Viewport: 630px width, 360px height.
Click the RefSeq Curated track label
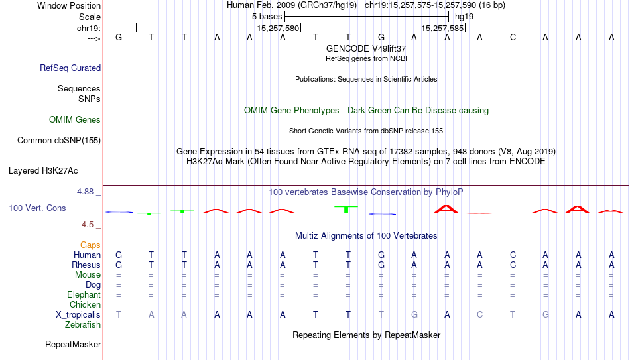pyautogui.click(x=70, y=68)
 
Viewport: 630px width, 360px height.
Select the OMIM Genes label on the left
pyautogui.click(x=75, y=120)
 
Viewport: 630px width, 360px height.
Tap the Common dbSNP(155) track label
pyautogui.click(x=59, y=141)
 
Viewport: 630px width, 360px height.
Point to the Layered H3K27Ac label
pyautogui.click(x=43, y=171)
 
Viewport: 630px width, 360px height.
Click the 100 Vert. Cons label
pyautogui.click(x=37, y=208)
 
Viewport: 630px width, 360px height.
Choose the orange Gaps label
pyautogui.click(x=90, y=245)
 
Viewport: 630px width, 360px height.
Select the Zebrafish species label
pyautogui.click(x=83, y=324)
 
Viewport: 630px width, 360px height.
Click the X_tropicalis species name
pyautogui.click(x=78, y=315)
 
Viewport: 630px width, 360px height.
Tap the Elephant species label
pyautogui.click(x=84, y=294)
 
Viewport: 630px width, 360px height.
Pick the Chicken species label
pyautogui.click(x=85, y=304)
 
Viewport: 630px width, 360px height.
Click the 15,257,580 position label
pyautogui.click(x=278, y=28)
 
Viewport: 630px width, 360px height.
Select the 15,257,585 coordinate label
pyautogui.click(x=443, y=28)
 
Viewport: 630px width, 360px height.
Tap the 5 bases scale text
pyautogui.click(x=267, y=17)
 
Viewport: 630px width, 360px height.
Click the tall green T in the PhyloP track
pyautogui.click(x=346, y=210)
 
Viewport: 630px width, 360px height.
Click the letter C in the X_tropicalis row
pyautogui.click(x=479, y=315)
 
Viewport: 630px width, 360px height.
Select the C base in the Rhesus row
pyautogui.click(x=513, y=265)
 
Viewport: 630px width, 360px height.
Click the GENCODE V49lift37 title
pyautogui.click(x=366, y=48)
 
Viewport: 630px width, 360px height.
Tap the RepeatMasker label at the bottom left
pyautogui.click(x=73, y=344)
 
